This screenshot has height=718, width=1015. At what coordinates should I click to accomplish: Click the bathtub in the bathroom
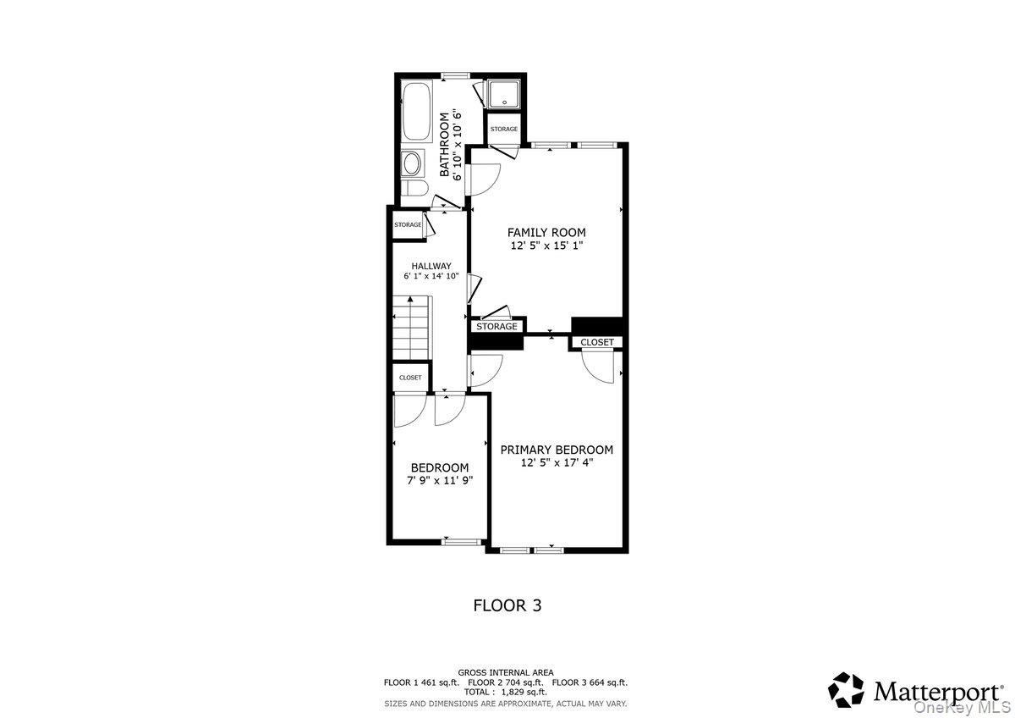coord(414,113)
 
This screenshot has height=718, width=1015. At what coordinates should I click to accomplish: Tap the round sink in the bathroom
coord(413,163)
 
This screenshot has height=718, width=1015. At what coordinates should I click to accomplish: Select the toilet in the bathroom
coord(412,189)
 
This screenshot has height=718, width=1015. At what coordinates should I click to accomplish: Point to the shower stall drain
coord(504,102)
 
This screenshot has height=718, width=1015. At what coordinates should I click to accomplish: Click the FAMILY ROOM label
coord(546,232)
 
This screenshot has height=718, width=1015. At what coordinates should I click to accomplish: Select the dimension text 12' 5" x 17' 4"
coord(556,463)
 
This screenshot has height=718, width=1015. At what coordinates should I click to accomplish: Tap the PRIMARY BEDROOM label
coord(556,450)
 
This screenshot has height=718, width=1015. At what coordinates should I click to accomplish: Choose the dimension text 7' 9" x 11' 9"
coord(439,480)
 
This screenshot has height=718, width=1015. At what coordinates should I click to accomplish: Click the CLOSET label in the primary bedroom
coord(596,342)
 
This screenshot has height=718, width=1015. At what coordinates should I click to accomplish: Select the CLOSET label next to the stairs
coord(410,378)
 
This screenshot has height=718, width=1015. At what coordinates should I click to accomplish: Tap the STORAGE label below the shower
coord(504,129)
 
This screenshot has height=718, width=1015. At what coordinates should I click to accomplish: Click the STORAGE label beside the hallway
coord(408,224)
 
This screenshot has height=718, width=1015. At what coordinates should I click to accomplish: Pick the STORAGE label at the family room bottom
coord(497,326)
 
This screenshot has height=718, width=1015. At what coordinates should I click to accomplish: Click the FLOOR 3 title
coord(506,605)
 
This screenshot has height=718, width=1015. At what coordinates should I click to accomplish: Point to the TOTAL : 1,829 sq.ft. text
coord(506,692)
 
